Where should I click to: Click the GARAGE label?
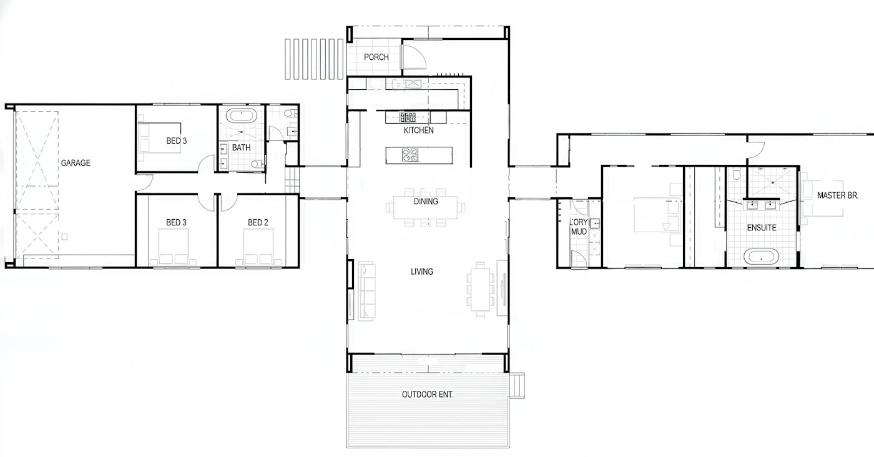[76, 163]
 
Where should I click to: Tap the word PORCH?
[376, 57]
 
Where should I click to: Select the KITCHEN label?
[418, 130]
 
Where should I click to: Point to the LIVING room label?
[422, 272]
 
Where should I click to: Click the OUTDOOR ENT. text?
[428, 395]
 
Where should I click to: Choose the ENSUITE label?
[762, 228]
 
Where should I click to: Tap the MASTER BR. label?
[837, 195]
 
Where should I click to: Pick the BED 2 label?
[258, 222]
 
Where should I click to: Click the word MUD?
[579, 232]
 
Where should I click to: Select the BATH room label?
[241, 147]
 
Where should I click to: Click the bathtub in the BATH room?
[242, 115]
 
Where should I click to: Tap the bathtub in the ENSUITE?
[761, 257]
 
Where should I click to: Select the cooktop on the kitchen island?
[410, 155]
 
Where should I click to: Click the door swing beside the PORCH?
[414, 57]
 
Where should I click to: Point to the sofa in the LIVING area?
[366, 291]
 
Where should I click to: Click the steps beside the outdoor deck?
[517, 386]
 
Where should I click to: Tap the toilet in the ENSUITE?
[736, 174]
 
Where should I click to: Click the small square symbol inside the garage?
[64, 237]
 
